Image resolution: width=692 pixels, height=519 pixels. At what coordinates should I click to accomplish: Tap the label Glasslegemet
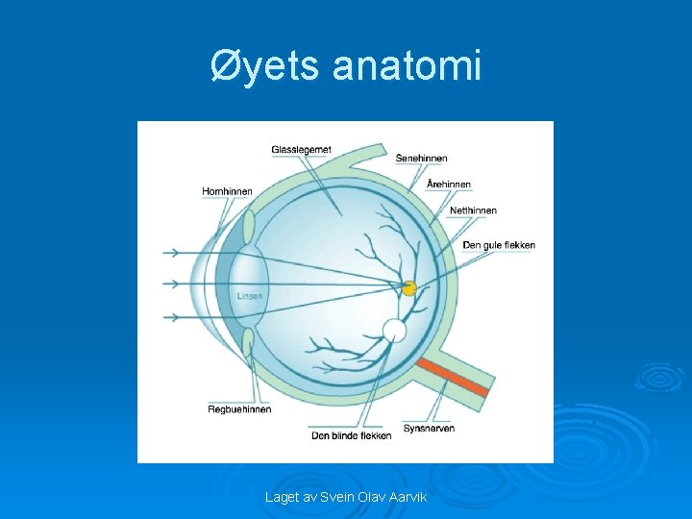301,150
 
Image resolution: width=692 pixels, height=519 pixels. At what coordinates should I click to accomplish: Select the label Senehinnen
421,159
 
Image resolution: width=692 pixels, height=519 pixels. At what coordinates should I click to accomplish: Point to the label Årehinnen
448,184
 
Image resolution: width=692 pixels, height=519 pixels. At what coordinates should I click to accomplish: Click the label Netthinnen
473,210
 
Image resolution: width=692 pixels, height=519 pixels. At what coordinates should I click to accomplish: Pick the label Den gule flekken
499,245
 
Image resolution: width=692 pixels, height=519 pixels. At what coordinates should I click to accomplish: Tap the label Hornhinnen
227,191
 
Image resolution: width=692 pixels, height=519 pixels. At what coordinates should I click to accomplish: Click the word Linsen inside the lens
250,296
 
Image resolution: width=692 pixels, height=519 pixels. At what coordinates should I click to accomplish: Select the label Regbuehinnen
239,409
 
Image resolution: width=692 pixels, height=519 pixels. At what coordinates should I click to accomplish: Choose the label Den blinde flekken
351,435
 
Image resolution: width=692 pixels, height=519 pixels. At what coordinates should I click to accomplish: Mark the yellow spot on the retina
408,288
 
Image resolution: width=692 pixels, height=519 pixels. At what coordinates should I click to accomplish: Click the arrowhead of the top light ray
176,253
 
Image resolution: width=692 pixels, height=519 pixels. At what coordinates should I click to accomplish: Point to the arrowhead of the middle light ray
176,284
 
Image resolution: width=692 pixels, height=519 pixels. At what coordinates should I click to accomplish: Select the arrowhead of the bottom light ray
176,316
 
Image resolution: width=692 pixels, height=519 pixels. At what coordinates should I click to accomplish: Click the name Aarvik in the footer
407,497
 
